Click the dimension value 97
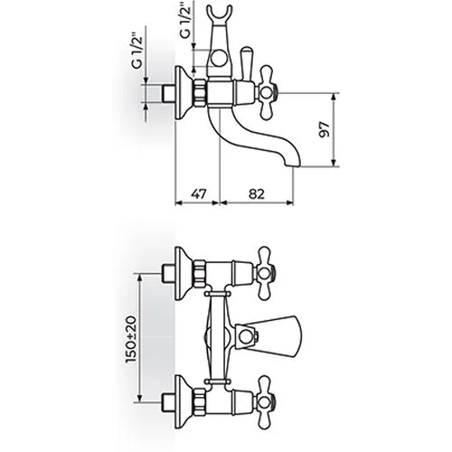pyautogui.click(x=325, y=129)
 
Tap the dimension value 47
pyautogui.click(x=198, y=193)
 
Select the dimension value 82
pyautogui.click(x=257, y=193)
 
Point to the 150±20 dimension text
pyautogui.click(x=132, y=339)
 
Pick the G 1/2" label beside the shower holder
pyautogui.click(x=185, y=22)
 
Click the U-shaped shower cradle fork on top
pyautogui.click(x=218, y=14)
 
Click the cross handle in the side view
pyautogui.click(x=267, y=92)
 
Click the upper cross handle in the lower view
pyautogui.click(x=266, y=274)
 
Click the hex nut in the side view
pyautogui.click(x=200, y=92)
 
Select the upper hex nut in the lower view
pyautogui.click(x=200, y=274)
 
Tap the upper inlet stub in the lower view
pyautogui.click(x=168, y=274)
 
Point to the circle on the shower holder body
pyautogui.click(x=218, y=59)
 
